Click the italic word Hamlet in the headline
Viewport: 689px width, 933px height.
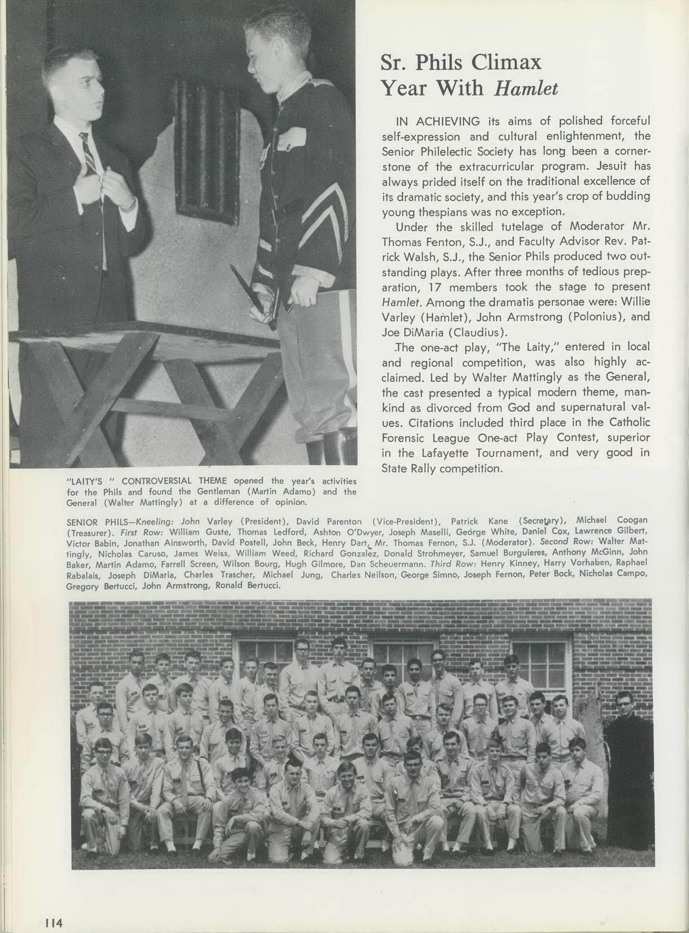click(x=526, y=88)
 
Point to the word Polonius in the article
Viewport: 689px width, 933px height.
click(x=594, y=317)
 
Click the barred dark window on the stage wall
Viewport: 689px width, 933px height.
click(x=206, y=152)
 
